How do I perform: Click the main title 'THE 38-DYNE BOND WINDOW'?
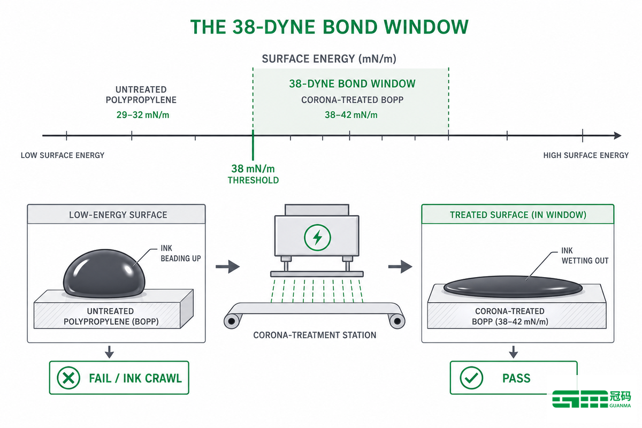pos(330,27)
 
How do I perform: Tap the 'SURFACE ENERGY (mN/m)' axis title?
pos(329,59)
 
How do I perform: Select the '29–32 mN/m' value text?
pos(143,115)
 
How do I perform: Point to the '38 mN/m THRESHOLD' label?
pos(253,174)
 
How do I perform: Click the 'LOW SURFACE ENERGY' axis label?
pos(63,155)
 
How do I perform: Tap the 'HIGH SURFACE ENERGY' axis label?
pos(586,155)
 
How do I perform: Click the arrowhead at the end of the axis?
pos(617,135)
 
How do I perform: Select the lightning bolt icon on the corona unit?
pos(317,238)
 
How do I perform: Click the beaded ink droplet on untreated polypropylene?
pos(104,273)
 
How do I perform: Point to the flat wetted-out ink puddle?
pos(513,287)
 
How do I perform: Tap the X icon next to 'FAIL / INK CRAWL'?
pos(68,378)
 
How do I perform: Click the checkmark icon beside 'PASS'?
pos(471,378)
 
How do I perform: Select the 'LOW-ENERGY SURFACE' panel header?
pos(117,215)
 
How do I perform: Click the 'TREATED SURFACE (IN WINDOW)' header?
pos(518,215)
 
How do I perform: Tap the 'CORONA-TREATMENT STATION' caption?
pos(315,335)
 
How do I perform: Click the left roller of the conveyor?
pos(232,321)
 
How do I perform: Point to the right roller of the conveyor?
pos(397,321)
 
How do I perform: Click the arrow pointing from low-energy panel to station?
pos(227,266)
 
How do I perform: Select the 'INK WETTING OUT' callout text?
pos(585,256)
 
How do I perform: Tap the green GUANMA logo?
pos(591,399)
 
